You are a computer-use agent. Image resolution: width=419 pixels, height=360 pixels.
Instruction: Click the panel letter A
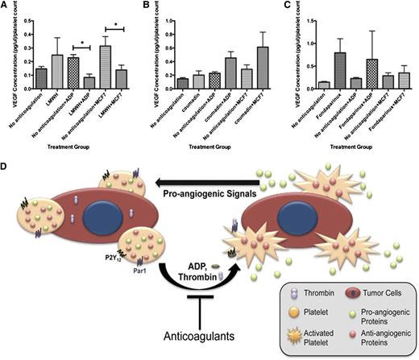pos(5,6)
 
